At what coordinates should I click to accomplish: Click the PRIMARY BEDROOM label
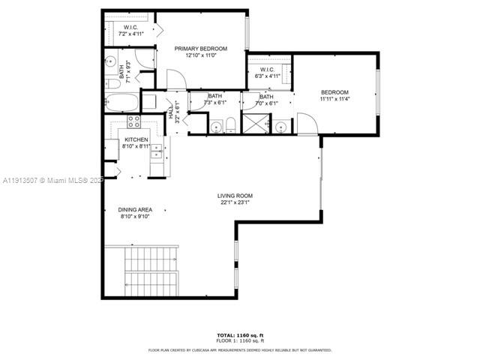(200, 49)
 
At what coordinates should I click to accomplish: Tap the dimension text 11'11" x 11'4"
(334, 99)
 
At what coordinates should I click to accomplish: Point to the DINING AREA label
(136, 210)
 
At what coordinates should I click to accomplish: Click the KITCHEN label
(136, 140)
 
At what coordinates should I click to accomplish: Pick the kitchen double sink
(157, 154)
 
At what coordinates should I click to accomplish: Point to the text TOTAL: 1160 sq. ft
(239, 334)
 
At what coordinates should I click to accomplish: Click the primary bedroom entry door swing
(174, 79)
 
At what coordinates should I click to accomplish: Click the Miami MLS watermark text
(52, 180)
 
